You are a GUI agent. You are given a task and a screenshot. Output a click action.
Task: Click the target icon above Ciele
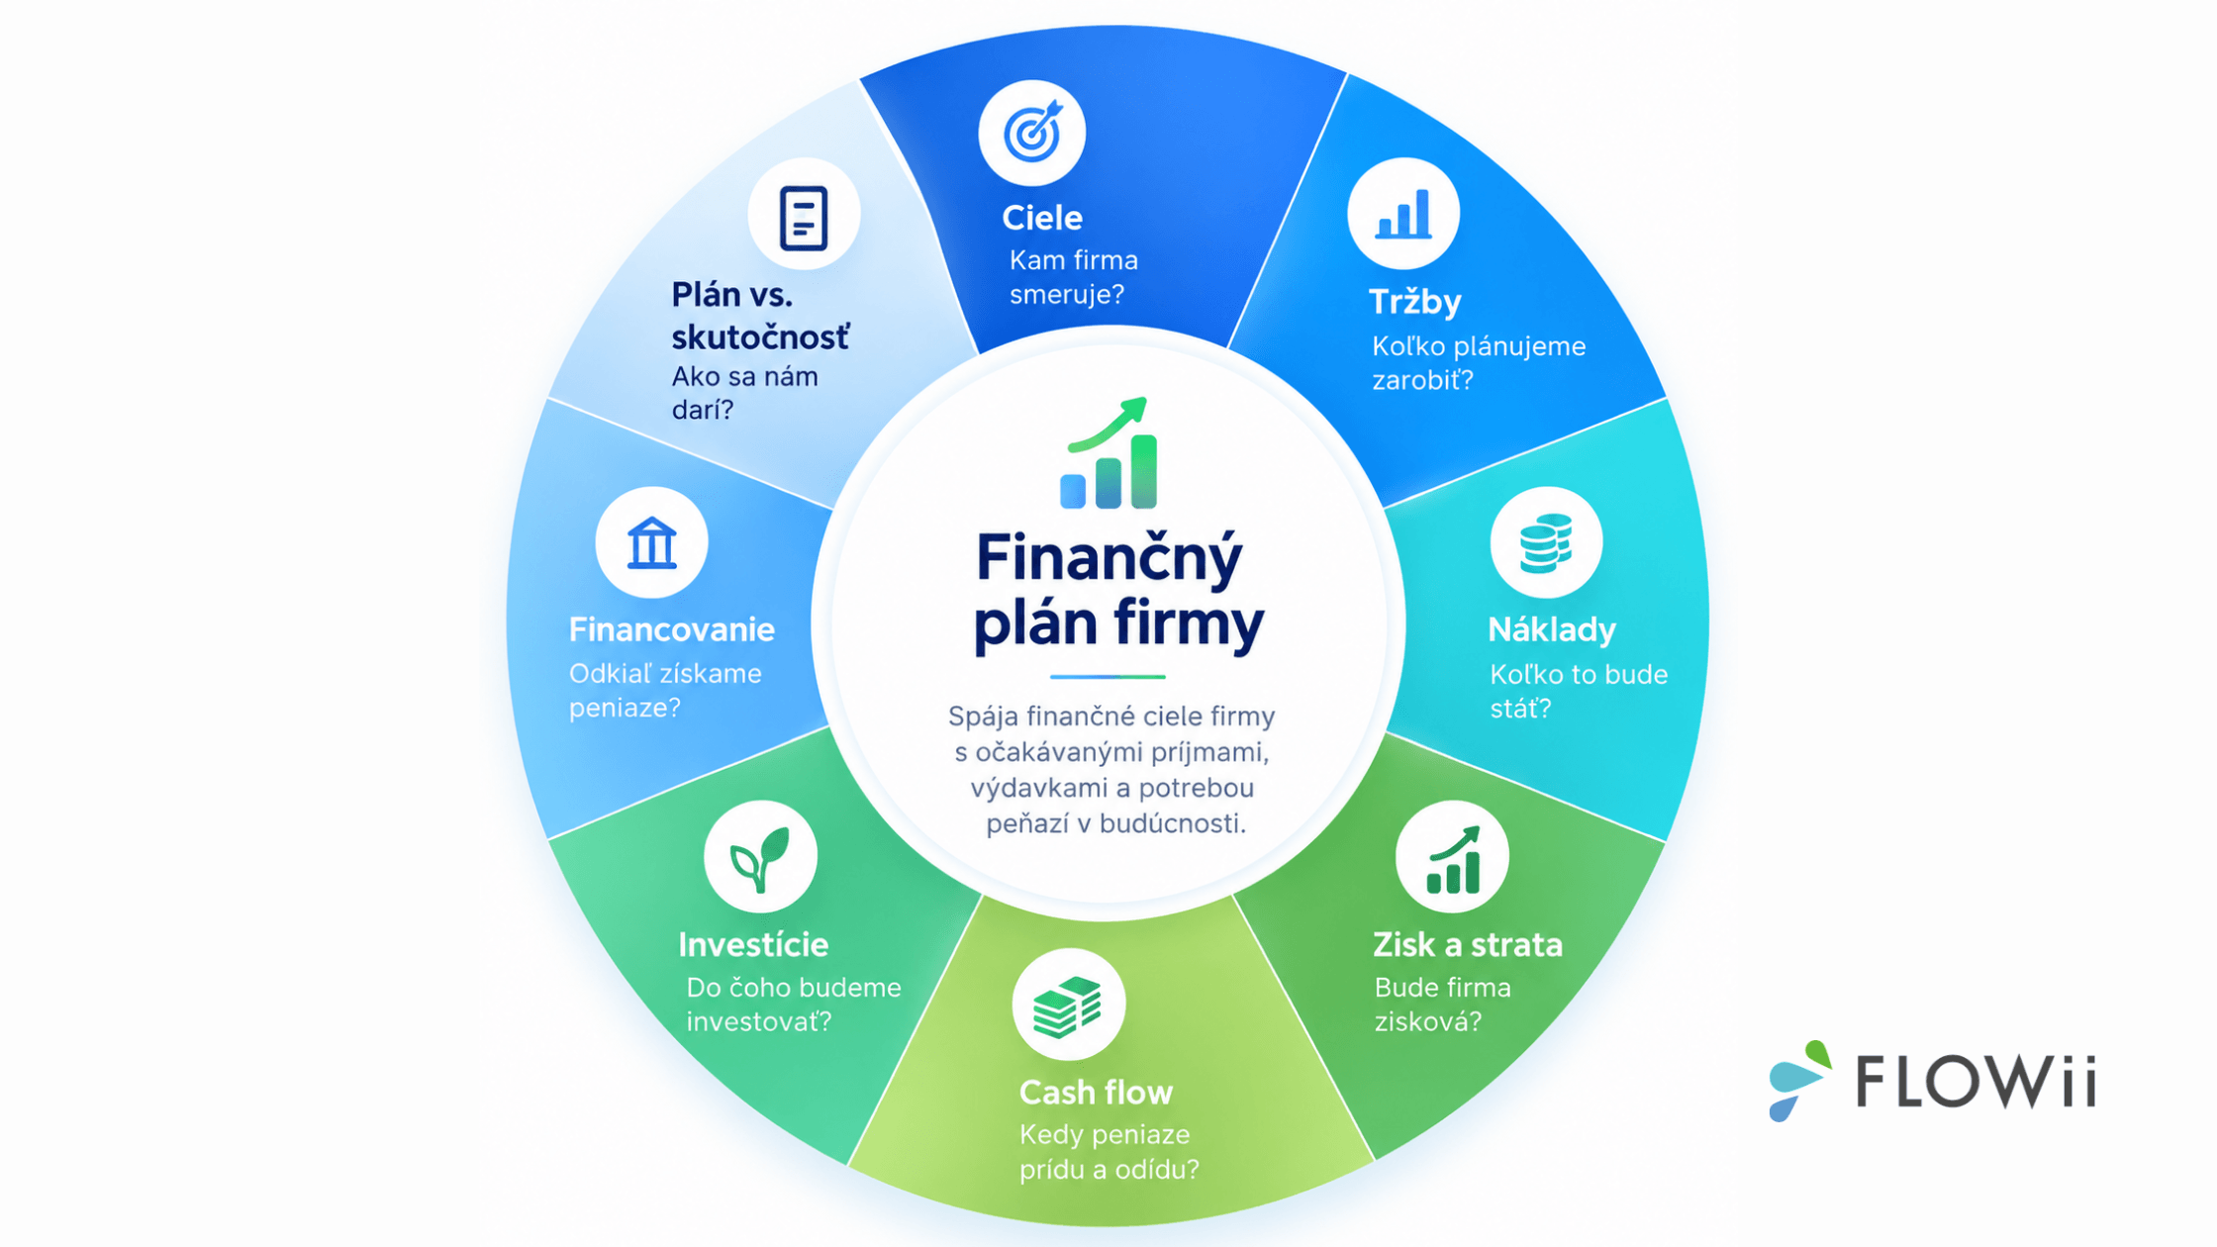coord(1032,132)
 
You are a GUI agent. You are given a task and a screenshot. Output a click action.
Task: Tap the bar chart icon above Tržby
coord(1403,214)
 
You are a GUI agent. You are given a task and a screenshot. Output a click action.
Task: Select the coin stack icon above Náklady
coord(1546,543)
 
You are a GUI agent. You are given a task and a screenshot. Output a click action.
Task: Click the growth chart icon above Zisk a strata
coord(1453,859)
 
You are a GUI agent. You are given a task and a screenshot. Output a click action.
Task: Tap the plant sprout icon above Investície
coord(760,859)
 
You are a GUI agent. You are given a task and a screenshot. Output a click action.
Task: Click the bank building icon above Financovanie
coord(651,543)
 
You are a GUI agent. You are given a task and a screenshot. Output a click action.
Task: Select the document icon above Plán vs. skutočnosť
coord(803,217)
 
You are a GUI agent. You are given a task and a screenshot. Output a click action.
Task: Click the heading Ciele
coord(1041,218)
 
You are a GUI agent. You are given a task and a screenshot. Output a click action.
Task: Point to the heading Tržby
coord(1414,302)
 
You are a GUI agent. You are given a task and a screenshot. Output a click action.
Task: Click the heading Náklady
coord(1551,629)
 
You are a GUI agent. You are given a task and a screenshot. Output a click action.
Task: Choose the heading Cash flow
coord(1096,1092)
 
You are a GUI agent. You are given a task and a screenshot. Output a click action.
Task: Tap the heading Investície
coord(753,944)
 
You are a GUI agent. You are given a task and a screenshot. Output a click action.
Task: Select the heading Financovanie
coord(671,629)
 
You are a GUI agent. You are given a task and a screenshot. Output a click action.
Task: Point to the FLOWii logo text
coord(1976,1081)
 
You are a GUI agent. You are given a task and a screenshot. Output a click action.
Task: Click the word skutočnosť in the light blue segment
coord(760,337)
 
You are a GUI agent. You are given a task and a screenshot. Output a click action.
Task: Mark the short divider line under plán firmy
coord(1108,677)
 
